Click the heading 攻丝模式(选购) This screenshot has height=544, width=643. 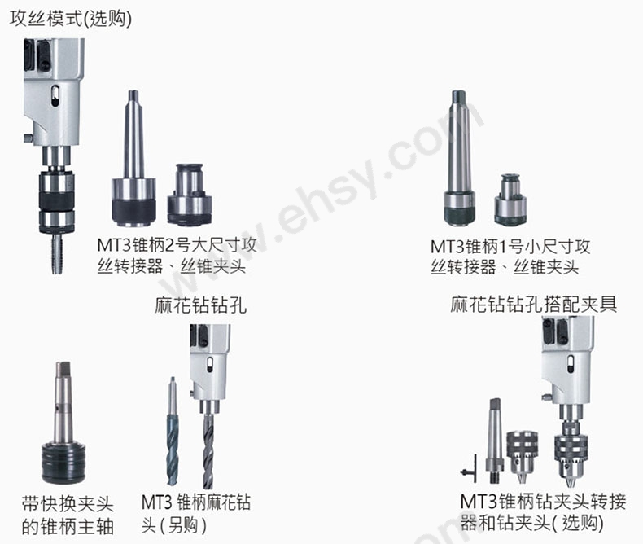[x=70, y=19]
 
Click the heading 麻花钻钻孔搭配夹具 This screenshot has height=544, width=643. [x=534, y=305]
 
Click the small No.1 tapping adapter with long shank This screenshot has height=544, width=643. [x=460, y=163]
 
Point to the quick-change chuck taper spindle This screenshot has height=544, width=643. [x=66, y=428]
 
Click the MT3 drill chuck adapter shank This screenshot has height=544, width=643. [x=493, y=440]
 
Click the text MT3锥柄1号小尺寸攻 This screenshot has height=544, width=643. [x=510, y=245]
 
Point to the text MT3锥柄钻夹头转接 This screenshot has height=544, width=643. [x=543, y=501]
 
